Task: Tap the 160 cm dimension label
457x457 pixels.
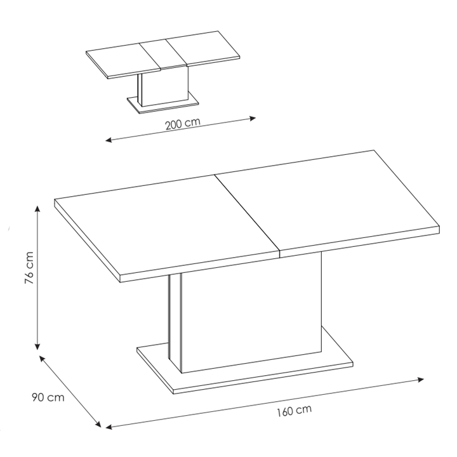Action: (294, 411)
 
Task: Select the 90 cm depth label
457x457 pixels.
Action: (48, 397)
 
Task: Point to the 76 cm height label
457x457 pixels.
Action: (29, 267)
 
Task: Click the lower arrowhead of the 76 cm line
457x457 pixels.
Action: (37, 347)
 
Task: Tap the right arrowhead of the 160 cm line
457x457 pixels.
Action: (421, 380)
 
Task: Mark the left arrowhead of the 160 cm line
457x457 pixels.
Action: (109, 427)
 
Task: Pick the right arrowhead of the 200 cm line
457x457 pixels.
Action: (253, 118)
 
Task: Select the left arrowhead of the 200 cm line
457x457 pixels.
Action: (109, 140)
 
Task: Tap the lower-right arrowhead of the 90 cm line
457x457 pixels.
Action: (98, 425)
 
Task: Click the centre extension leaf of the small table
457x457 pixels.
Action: (163, 53)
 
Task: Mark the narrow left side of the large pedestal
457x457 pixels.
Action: (175, 323)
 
